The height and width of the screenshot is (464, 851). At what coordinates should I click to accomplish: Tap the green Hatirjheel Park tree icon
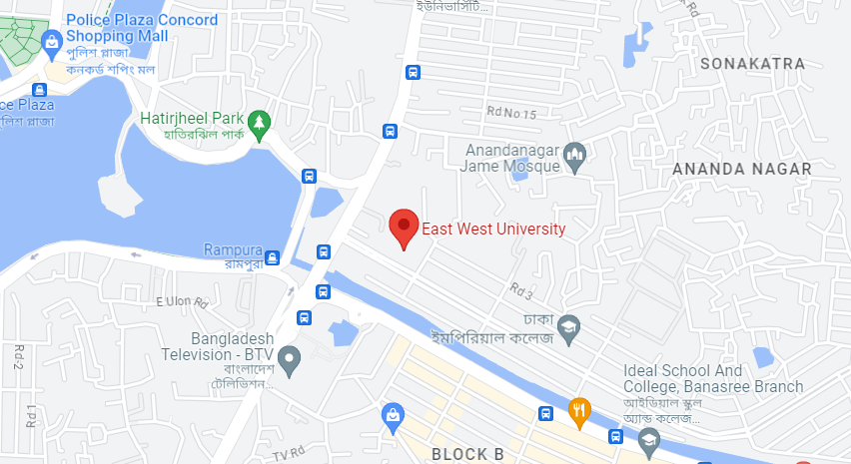click(x=260, y=123)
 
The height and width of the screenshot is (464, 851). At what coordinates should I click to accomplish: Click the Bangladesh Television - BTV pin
click(x=289, y=359)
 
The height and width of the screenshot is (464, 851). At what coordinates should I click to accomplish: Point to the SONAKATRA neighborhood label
click(x=753, y=64)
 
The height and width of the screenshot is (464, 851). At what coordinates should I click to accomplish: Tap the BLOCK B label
click(x=465, y=454)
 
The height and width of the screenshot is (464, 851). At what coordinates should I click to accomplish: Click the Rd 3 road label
click(x=521, y=290)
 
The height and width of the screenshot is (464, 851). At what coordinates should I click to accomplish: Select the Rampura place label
click(x=233, y=249)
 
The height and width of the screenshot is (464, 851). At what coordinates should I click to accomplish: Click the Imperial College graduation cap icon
click(x=568, y=326)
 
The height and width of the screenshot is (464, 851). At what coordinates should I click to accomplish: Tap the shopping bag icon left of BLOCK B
click(x=394, y=413)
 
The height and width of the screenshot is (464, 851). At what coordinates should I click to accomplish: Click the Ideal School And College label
click(x=712, y=378)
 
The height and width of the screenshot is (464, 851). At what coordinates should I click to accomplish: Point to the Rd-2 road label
click(x=18, y=356)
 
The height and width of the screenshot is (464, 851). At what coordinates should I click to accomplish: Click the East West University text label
click(x=493, y=230)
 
